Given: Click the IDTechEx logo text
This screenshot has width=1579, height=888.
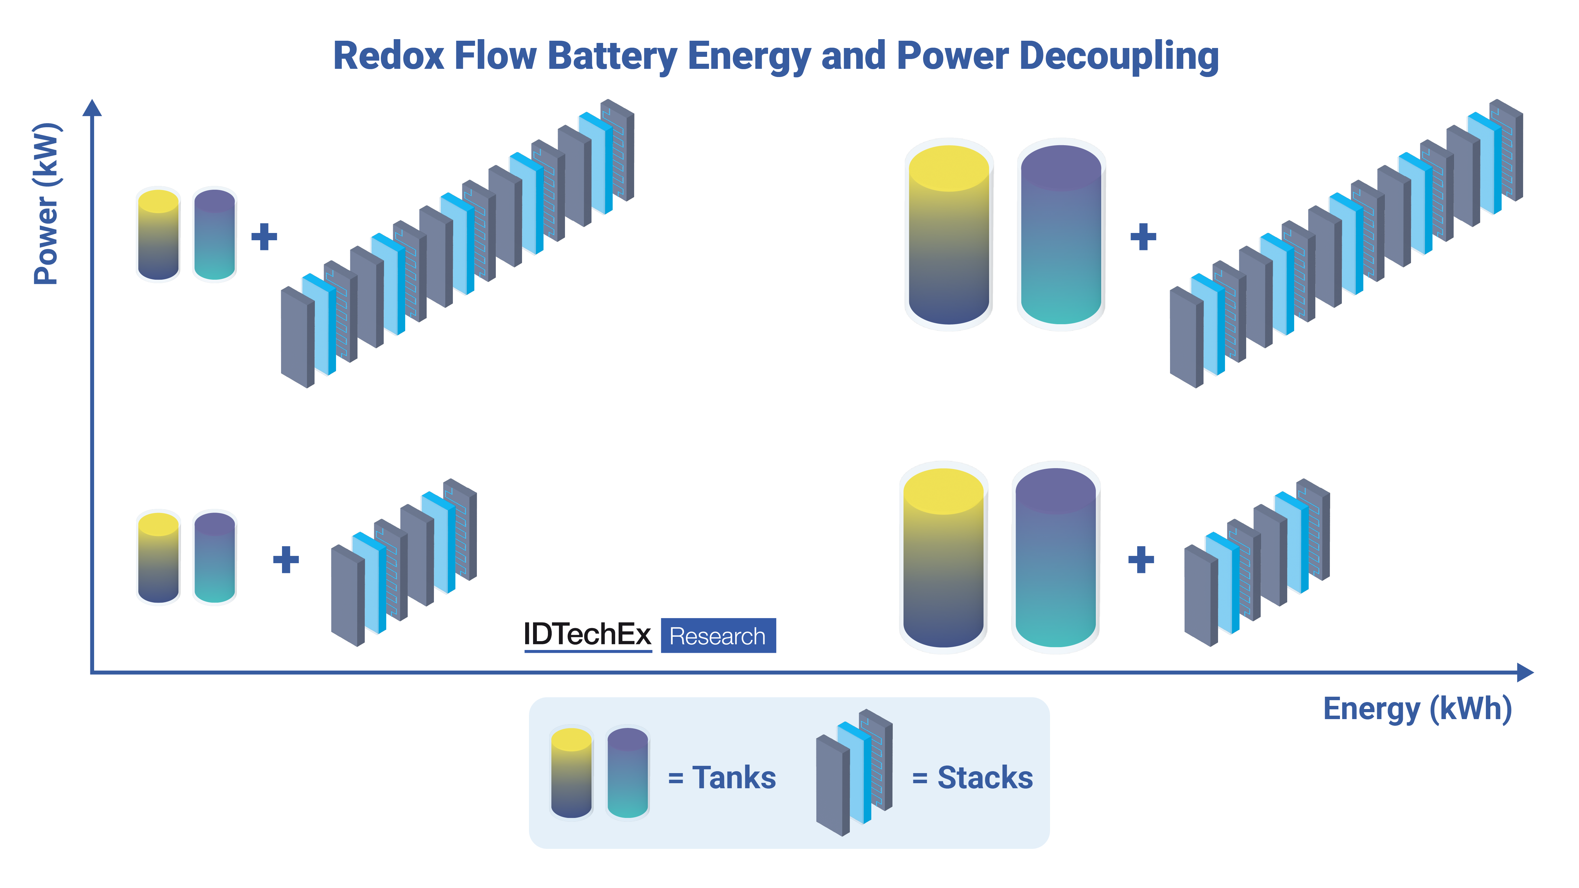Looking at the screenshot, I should pos(587,634).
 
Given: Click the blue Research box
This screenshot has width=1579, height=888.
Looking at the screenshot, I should pos(718,635).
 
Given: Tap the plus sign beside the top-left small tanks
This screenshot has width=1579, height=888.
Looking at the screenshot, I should pos(264,236).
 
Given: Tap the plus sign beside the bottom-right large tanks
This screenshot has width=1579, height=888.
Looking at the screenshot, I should pos(1141,559).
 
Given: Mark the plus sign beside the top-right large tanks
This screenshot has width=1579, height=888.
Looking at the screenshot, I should pos(1143,236).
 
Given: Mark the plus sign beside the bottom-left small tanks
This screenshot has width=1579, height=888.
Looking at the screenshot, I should pos(286,559).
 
